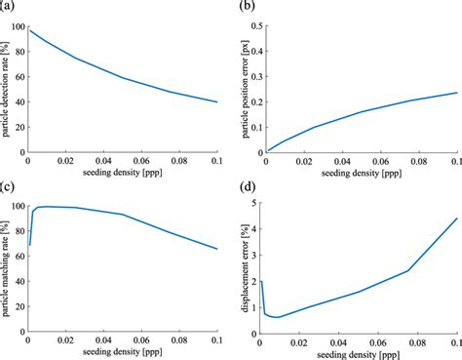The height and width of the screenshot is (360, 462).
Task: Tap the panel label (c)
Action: click(8, 185)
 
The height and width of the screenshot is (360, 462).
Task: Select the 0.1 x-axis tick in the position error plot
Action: click(456, 162)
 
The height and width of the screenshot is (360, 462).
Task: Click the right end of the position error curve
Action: click(456, 93)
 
